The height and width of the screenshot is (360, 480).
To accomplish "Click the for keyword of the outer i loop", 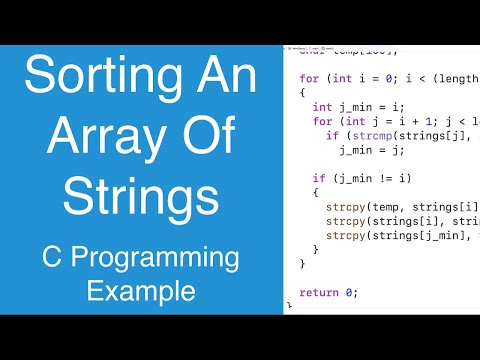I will (x=309, y=77).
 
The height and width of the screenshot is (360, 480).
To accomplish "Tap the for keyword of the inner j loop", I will (x=322, y=121).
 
